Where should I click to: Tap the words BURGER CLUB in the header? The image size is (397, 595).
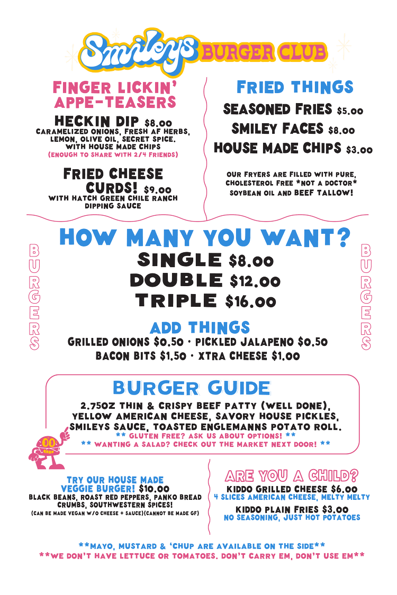(x=264, y=52)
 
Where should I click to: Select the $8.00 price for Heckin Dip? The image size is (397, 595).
(x=158, y=123)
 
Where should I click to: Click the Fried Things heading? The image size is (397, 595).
(x=295, y=87)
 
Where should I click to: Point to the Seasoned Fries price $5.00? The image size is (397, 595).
(x=350, y=111)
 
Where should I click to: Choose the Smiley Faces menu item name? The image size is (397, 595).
(x=277, y=129)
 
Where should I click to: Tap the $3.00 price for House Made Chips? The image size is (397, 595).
(x=359, y=150)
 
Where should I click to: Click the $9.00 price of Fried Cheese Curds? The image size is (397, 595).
(x=157, y=190)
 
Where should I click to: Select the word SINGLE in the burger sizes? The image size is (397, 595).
(x=179, y=260)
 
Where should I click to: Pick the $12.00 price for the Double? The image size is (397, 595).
(x=255, y=281)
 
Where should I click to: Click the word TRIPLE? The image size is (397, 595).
(x=176, y=300)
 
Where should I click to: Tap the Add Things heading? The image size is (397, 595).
(x=200, y=327)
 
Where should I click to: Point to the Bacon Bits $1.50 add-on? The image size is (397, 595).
(x=141, y=356)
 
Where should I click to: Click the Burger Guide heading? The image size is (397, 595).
(x=192, y=388)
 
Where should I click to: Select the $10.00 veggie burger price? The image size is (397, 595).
(x=154, y=489)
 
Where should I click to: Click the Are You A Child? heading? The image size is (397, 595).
(x=291, y=475)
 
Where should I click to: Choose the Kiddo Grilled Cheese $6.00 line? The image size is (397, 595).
(x=292, y=489)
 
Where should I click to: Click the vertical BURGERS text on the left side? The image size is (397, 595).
(x=34, y=297)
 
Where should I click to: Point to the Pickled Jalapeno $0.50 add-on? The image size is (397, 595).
(x=261, y=342)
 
